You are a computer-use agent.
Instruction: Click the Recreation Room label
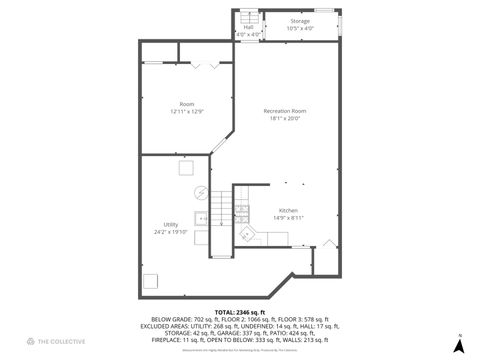click(x=285, y=110)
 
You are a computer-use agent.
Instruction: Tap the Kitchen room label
click(x=288, y=210)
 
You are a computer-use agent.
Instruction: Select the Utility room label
click(x=171, y=224)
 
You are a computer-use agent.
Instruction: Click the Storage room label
click(x=300, y=20)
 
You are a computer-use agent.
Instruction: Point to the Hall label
click(x=248, y=27)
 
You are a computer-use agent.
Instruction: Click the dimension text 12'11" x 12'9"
click(x=186, y=111)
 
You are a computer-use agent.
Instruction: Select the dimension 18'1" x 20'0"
click(x=285, y=118)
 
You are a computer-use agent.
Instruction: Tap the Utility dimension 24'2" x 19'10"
click(x=171, y=231)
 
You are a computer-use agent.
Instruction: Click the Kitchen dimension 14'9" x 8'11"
click(x=288, y=217)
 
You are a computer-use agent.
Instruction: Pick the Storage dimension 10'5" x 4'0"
click(x=300, y=27)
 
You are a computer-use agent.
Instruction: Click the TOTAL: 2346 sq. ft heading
click(x=240, y=313)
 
